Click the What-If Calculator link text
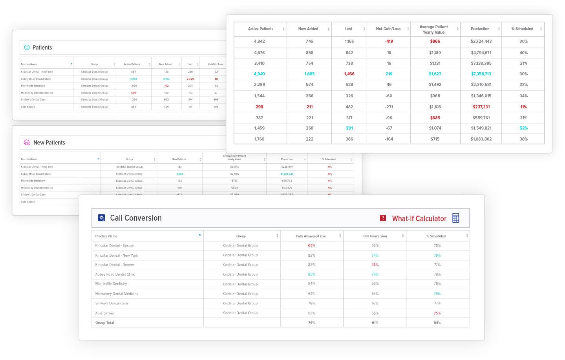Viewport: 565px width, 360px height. tap(419, 219)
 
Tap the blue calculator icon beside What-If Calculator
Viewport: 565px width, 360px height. tap(455, 218)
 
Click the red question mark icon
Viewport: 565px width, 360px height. tap(383, 218)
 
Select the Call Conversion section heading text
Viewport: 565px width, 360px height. tap(135, 218)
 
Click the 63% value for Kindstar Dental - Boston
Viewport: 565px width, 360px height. tap(311, 246)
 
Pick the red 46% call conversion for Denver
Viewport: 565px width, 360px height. tap(375, 265)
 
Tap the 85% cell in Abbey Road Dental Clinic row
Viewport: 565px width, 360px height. tap(311, 274)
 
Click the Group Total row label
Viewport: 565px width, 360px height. tap(104, 323)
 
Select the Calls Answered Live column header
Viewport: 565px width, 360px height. tap(311, 236)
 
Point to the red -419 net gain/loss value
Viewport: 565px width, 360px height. tap(389, 42)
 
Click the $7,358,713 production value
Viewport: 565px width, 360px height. tap(481, 74)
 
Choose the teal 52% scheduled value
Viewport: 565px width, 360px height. tap(523, 128)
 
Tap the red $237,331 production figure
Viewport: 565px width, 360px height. tap(481, 107)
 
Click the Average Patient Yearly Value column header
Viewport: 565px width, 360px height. tap(433, 29)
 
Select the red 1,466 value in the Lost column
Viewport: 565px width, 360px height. tap(349, 74)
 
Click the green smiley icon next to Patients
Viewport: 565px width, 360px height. tap(27, 48)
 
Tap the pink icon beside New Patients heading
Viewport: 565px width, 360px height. tap(27, 143)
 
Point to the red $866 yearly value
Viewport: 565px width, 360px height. tap(435, 42)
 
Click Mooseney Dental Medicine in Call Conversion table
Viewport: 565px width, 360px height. tap(117, 294)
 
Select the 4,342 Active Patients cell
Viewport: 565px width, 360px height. tap(259, 42)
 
